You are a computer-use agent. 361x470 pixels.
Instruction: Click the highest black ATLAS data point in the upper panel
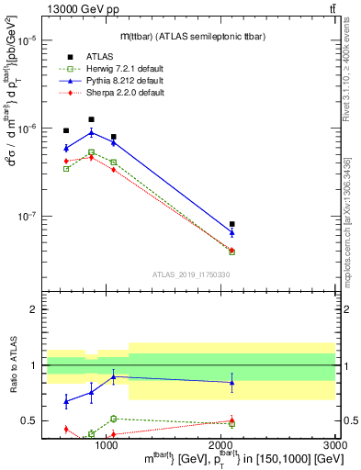tap(91, 119)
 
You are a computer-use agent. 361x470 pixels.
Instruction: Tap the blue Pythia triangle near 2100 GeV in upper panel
tap(231, 233)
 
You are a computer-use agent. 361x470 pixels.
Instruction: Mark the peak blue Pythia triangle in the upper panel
tap(91, 132)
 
